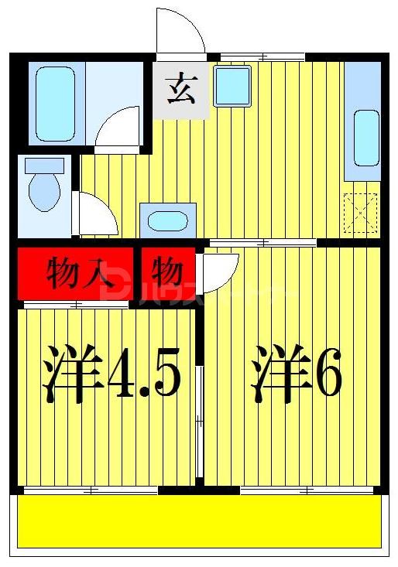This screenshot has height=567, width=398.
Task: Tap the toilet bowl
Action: (44, 190)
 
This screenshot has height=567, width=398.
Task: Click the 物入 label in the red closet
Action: (75, 273)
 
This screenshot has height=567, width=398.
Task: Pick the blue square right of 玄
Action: (232, 85)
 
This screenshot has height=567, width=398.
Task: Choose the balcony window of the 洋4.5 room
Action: (91, 490)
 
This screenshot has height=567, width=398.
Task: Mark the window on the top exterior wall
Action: (262, 56)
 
